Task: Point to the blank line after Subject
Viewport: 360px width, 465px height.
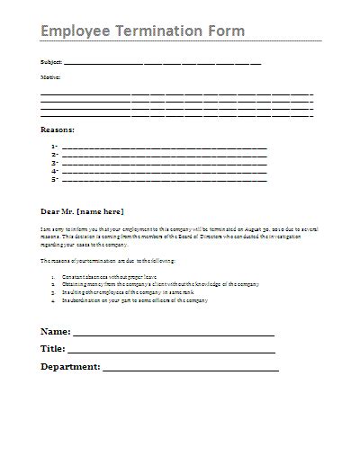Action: (162, 65)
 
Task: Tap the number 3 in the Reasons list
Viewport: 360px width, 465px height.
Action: (55, 163)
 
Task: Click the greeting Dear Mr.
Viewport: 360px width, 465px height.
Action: (58, 211)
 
